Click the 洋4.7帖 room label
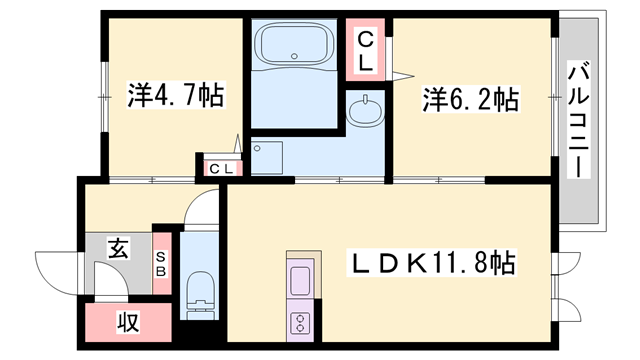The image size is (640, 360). (174, 97)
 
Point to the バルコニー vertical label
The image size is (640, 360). (578, 120)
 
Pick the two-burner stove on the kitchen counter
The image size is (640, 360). (300, 321)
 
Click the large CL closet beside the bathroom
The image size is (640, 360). (366, 51)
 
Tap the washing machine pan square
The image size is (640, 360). (267, 155)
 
